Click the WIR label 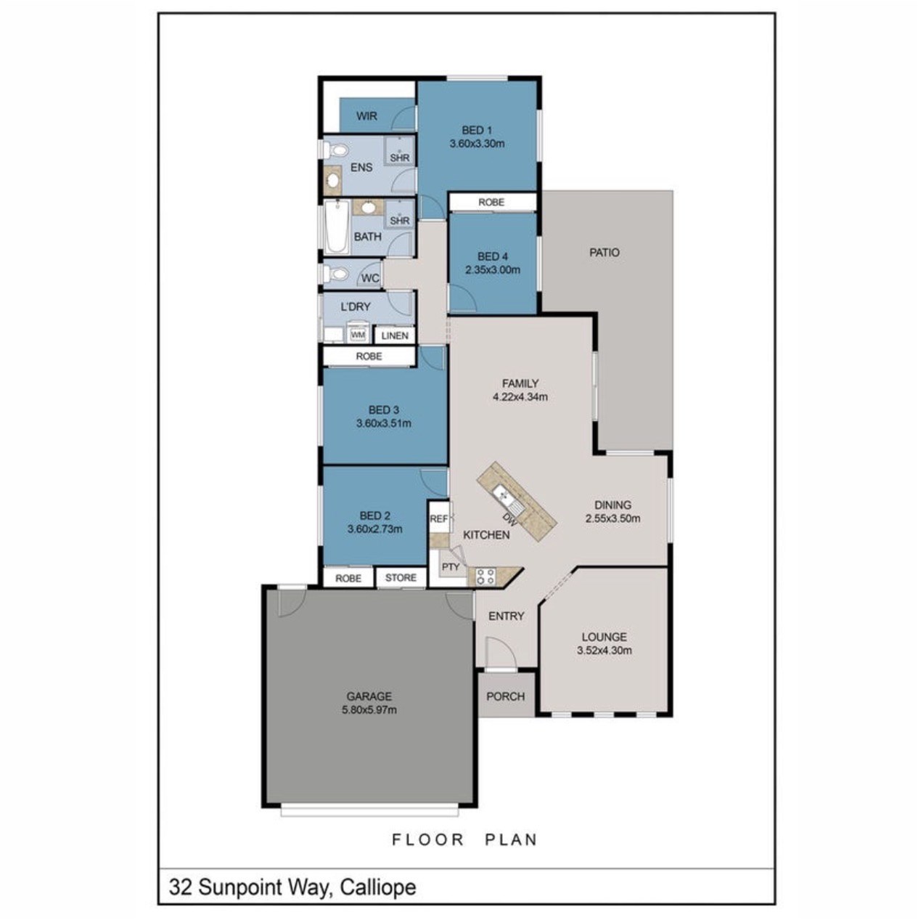[366, 116]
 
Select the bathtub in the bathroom [337, 227]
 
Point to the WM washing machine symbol [358, 335]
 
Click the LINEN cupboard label [395, 335]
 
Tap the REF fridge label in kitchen [439, 518]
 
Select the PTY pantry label [451, 566]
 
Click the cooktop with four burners [485, 577]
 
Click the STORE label [401, 578]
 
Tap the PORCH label [506, 696]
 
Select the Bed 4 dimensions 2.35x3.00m [493, 269]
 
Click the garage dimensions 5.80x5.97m [369, 710]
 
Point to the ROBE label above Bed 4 [491, 203]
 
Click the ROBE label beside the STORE [348, 579]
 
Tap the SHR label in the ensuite [400, 158]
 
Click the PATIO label [605, 253]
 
